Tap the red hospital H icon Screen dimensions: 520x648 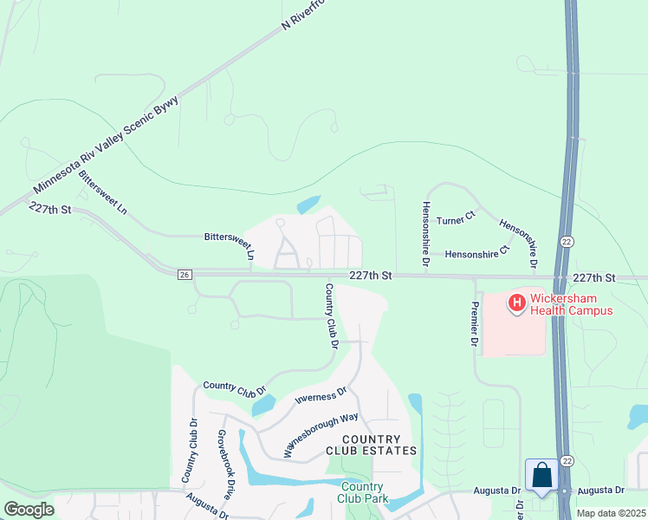(x=516, y=303)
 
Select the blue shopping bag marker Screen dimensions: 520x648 (x=541, y=475)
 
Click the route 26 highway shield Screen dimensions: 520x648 (x=185, y=275)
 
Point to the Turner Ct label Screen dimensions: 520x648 (x=457, y=221)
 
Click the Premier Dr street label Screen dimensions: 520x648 (x=474, y=325)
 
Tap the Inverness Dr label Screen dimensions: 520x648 (x=321, y=398)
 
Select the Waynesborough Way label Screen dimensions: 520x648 (x=321, y=435)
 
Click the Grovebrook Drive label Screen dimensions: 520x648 (x=224, y=465)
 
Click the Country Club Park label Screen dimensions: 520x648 (x=364, y=492)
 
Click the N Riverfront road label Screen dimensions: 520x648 (x=306, y=16)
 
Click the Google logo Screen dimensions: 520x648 (x=29, y=510)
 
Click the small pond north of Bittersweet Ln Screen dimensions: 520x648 (x=308, y=205)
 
